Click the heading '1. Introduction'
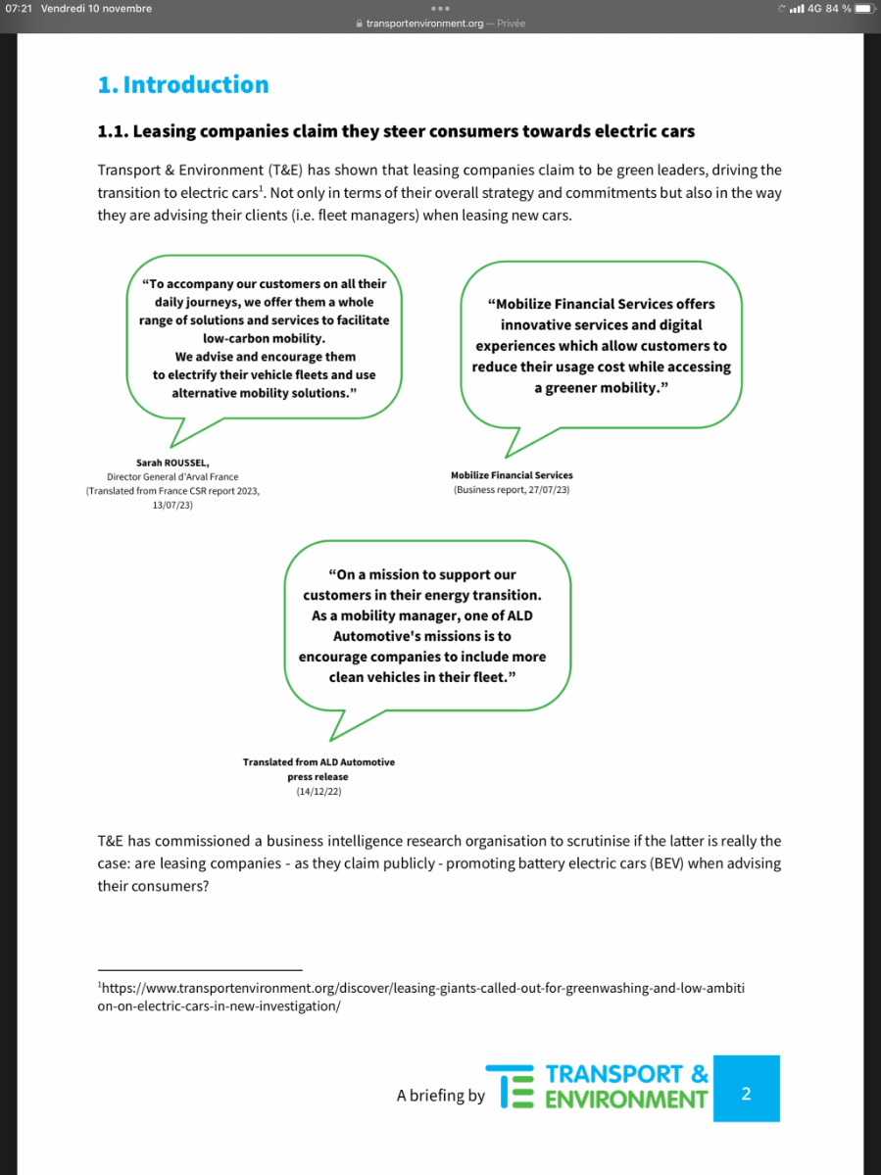tap(183, 85)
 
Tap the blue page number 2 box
tap(746, 1093)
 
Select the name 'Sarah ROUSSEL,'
tap(172, 463)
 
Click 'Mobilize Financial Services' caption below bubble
tap(512, 475)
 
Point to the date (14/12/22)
tap(318, 791)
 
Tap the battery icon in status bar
tap(862, 9)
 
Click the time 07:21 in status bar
tap(19, 9)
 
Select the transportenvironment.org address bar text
tap(424, 24)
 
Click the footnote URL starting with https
tap(421, 997)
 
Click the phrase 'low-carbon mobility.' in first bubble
tap(265, 338)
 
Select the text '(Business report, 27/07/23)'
tap(511, 489)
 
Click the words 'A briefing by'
tap(440, 1096)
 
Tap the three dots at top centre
tap(440, 9)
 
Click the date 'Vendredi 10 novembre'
tap(97, 9)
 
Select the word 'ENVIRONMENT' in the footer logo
tap(625, 1100)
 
